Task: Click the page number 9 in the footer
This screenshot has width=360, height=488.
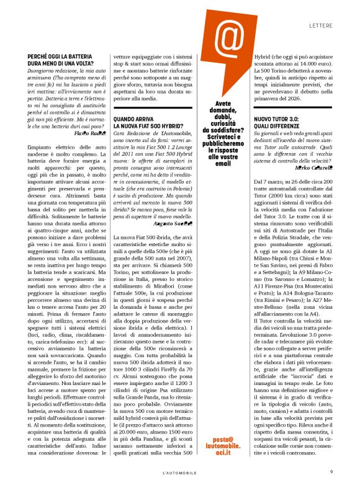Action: coord(332,471)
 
